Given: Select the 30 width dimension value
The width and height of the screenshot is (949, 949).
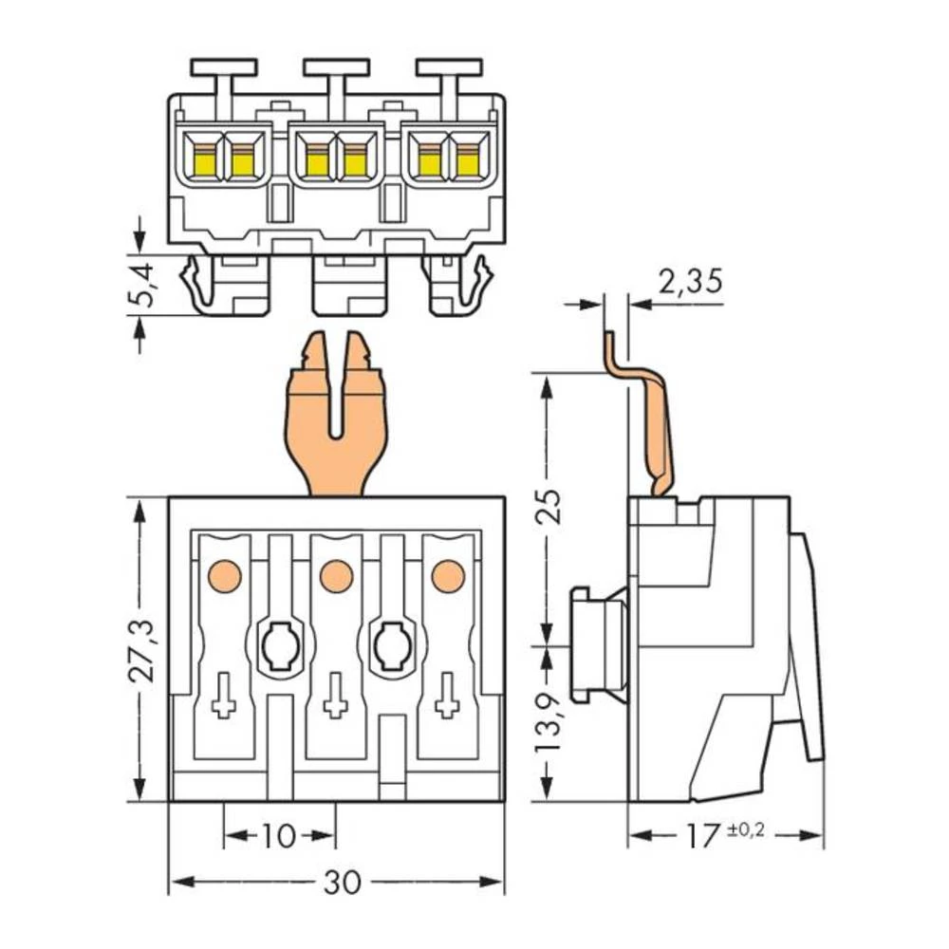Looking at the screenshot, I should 342,883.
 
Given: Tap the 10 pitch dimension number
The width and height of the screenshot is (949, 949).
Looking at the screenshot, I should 278,836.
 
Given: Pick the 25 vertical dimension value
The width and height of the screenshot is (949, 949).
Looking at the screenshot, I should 549,508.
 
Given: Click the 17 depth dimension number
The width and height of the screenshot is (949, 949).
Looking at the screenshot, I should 703,835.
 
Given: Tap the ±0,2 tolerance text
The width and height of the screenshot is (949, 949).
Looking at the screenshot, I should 746,831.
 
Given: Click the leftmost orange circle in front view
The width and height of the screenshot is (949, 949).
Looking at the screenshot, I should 224,575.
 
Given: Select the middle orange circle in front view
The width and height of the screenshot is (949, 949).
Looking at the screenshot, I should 336,575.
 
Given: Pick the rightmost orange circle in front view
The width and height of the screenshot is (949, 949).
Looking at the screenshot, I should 448,575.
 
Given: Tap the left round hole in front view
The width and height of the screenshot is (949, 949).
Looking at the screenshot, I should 279,647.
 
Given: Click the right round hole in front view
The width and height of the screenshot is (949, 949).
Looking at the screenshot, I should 390,647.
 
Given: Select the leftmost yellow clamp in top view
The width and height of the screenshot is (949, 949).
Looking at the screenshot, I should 204,161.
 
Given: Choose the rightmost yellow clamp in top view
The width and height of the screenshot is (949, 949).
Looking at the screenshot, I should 467,161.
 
